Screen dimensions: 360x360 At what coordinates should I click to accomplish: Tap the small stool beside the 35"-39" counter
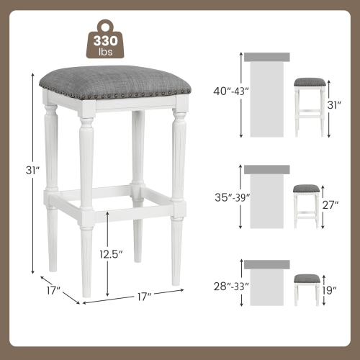click(306, 203)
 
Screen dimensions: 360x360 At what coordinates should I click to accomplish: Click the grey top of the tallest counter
click(266, 57)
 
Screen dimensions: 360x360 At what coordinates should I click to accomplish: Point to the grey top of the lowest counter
click(266, 264)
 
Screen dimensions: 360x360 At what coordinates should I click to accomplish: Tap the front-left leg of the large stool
click(86, 202)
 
